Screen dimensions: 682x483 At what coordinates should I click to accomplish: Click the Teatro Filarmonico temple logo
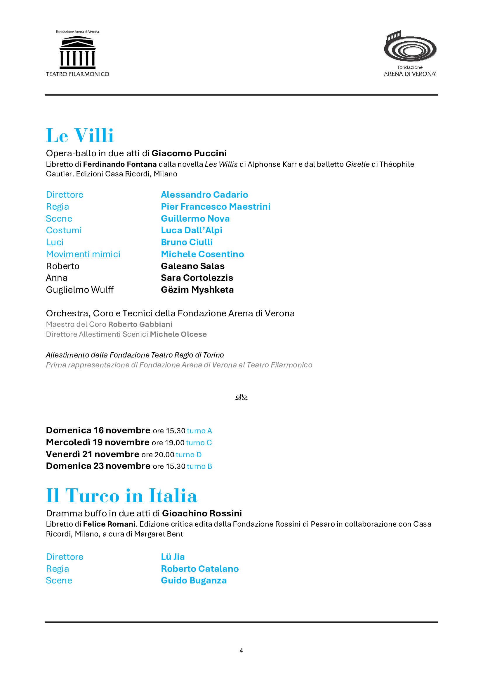pos(77,52)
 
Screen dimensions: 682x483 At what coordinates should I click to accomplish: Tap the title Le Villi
pos(80,136)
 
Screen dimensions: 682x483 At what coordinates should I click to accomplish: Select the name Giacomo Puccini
pos(189,153)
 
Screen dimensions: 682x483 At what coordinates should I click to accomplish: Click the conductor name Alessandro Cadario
pos(204,194)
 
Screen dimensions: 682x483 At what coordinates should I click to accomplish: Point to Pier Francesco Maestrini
pos(215,206)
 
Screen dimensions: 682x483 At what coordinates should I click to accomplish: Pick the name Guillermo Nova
pos(195,219)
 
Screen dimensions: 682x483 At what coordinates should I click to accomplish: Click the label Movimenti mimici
pos(83,254)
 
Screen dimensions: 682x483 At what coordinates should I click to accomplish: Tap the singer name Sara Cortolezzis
pos(197,278)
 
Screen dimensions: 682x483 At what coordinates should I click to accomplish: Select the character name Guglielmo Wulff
pos(80,290)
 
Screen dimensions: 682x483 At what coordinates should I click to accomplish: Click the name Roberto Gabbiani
pos(140,324)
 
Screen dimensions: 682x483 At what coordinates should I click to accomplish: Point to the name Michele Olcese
pos(178,334)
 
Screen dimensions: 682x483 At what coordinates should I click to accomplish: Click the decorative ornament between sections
pos(241,397)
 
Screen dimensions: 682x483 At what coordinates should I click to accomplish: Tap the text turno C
pos(199,443)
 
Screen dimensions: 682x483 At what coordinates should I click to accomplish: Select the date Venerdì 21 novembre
pos(93,454)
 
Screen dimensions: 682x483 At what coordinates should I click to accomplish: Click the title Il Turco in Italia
pos(122,496)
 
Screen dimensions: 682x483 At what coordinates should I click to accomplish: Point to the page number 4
pos(241,651)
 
